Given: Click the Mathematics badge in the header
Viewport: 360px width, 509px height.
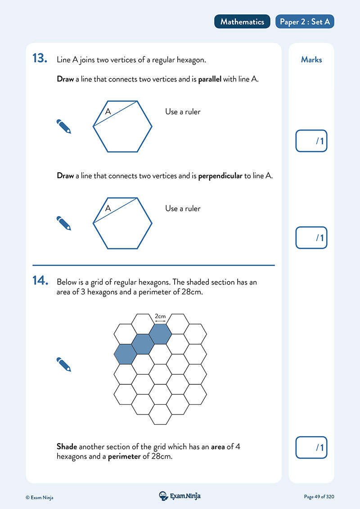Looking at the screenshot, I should click(242, 22).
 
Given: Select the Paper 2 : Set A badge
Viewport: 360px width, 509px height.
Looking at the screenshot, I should click(305, 22).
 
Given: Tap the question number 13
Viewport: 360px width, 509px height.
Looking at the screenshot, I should click(40, 59).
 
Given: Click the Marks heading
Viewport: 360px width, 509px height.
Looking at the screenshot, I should click(311, 59).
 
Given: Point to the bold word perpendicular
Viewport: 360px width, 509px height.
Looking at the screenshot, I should click(220, 176).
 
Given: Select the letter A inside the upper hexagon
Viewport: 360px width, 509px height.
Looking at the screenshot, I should click(108, 112).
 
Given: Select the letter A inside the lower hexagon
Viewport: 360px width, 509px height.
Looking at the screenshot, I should click(108, 208).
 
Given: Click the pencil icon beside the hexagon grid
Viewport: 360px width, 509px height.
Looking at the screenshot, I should click(64, 364).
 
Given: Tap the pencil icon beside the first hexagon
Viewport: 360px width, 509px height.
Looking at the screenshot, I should click(64, 126).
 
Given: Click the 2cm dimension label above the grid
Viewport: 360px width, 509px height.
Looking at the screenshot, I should click(160, 316).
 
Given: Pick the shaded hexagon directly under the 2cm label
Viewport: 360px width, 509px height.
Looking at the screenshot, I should click(160, 333).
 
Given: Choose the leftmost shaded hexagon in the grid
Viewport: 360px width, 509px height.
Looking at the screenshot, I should click(125, 354).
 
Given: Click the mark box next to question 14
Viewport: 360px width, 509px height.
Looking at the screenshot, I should click(311, 447).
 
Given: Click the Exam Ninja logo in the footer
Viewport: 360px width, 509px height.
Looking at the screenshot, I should click(180, 496).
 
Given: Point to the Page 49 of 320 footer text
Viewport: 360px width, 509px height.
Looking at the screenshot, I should click(319, 497).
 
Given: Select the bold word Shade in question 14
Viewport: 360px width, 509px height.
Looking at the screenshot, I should click(67, 446).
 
